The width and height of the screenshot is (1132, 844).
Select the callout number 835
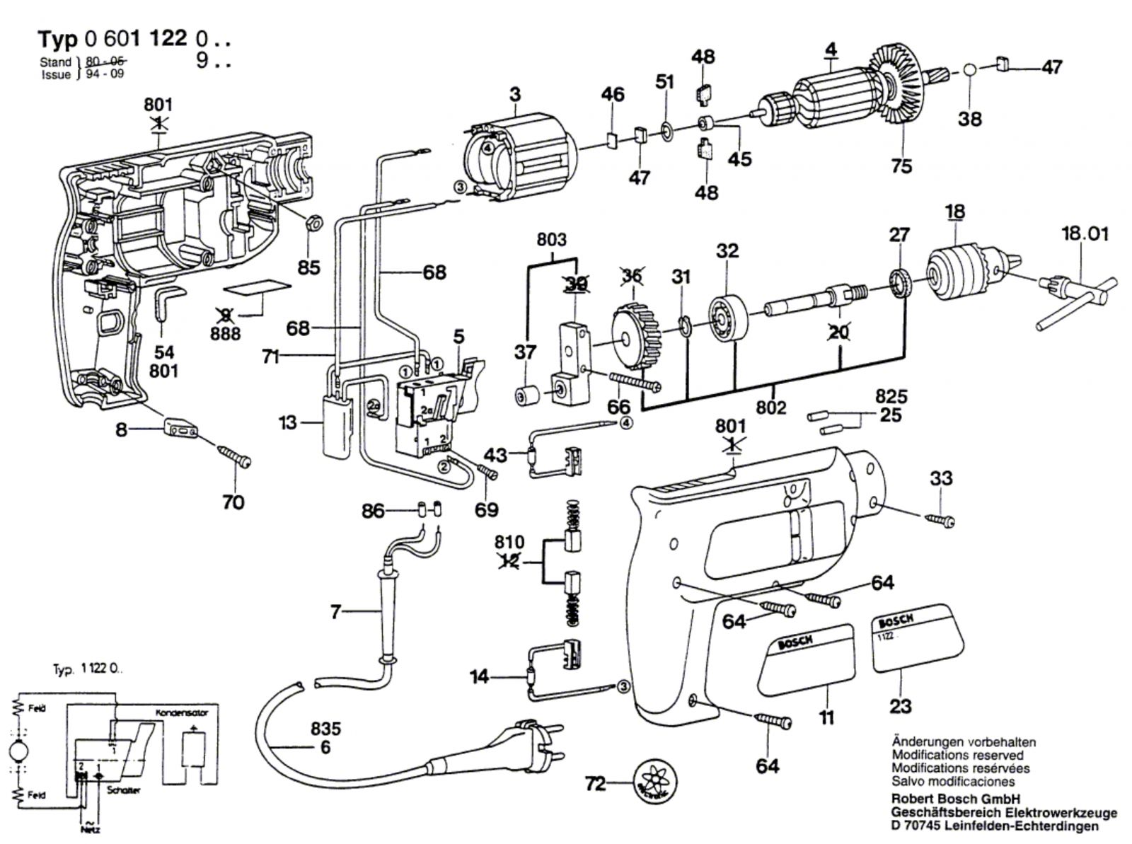point(325,729)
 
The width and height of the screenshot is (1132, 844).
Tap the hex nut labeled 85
point(309,225)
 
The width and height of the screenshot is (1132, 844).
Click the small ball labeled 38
point(969,71)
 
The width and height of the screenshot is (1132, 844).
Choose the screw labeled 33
point(941,520)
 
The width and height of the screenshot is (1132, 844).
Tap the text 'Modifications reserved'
point(957,755)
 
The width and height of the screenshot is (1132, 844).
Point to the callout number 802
point(770,408)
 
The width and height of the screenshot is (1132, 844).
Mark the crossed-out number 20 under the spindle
point(839,331)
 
